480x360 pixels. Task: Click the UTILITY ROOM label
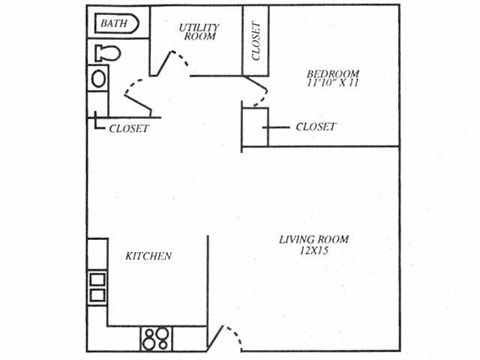click(x=198, y=31)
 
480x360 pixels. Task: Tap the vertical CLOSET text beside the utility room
click(x=256, y=40)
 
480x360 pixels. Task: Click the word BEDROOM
click(x=333, y=74)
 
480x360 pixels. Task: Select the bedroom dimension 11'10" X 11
click(x=333, y=85)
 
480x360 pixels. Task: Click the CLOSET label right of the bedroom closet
click(x=316, y=127)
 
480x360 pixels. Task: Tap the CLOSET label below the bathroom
click(x=129, y=128)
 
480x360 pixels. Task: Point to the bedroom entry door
click(x=257, y=92)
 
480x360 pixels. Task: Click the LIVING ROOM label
click(x=313, y=240)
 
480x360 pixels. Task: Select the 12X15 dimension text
click(x=313, y=251)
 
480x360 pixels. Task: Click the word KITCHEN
click(x=148, y=256)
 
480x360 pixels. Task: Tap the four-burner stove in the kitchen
click(x=157, y=338)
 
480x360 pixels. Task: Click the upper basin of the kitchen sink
click(x=97, y=280)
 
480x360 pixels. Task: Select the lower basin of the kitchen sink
click(x=97, y=295)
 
